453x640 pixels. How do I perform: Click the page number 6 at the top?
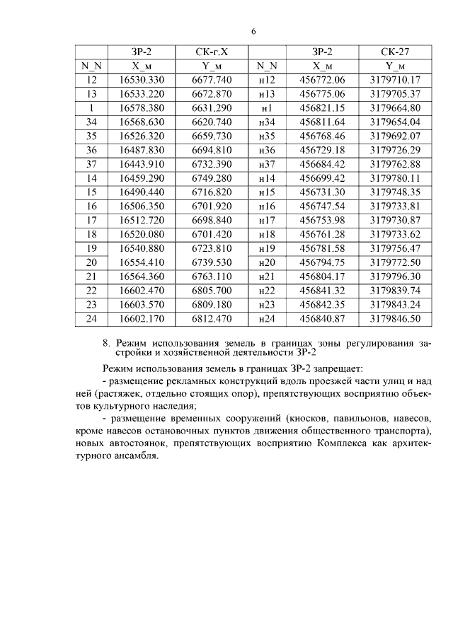pyautogui.click(x=253, y=31)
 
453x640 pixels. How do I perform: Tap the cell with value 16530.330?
pyautogui.click(x=142, y=81)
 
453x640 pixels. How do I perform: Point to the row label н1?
pyautogui.click(x=267, y=108)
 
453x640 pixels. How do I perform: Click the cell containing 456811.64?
pyautogui.click(x=322, y=122)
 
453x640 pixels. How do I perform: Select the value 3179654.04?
pyautogui.click(x=395, y=122)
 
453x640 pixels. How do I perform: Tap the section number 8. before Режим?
pyautogui.click(x=107, y=344)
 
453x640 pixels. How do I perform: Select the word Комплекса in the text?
pyautogui.click(x=340, y=443)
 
